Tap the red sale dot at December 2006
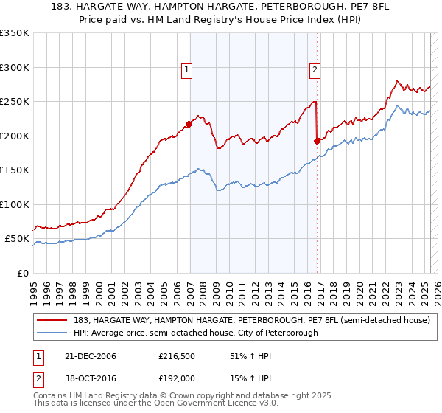click(189, 125)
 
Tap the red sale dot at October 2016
click(318, 141)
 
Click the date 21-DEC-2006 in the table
click(91, 356)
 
